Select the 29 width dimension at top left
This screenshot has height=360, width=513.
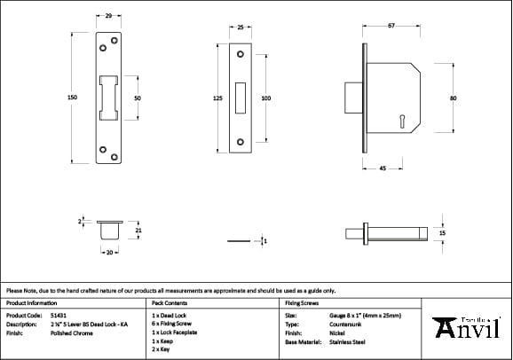click(108, 16)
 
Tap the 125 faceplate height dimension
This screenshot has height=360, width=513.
click(217, 98)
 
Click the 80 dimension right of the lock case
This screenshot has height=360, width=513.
click(453, 98)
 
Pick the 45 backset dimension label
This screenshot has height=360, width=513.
click(381, 168)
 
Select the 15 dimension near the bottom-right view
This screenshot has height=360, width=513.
click(442, 232)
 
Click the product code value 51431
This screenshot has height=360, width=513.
click(58, 315)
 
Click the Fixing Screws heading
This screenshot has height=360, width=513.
click(301, 302)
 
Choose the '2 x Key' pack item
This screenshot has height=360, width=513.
click(162, 350)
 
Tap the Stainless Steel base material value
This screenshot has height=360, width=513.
click(348, 341)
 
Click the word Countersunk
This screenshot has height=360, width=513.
click(345, 324)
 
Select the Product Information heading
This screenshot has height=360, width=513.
click(32, 302)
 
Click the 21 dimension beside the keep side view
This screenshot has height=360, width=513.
click(138, 231)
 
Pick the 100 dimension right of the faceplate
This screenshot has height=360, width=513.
click(265, 98)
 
